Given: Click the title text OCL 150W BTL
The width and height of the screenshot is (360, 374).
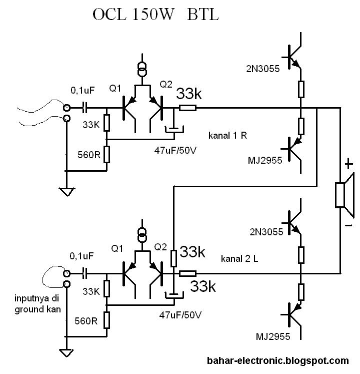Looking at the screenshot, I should coord(155,15).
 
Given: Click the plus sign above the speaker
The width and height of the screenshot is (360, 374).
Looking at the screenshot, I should coord(348,164).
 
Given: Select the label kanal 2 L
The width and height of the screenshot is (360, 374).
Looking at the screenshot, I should coord(240,258).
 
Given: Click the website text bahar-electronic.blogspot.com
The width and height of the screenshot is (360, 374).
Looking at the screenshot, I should coord(277,360).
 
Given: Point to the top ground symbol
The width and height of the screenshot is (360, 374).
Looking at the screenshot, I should coord(66,191).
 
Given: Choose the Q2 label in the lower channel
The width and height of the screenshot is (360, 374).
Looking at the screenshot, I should coord(160,247).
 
